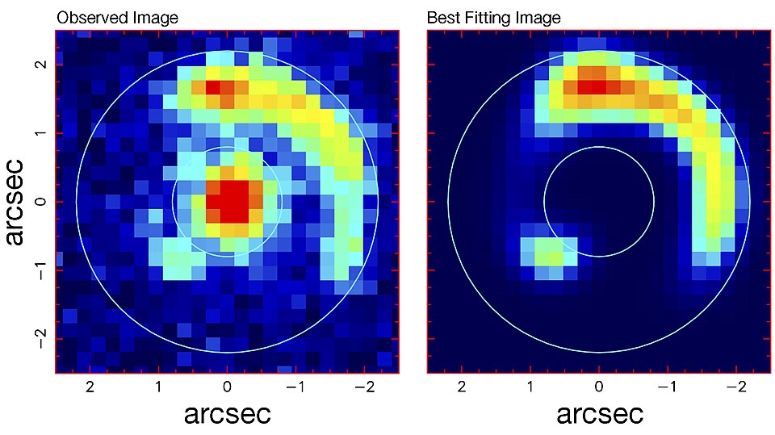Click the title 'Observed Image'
pos(116,17)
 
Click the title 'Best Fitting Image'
pos(493,17)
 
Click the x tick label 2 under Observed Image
pos(90,387)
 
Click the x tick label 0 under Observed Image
pos(227,387)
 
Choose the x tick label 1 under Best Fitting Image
pos(530,387)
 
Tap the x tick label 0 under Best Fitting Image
pos(598,387)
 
